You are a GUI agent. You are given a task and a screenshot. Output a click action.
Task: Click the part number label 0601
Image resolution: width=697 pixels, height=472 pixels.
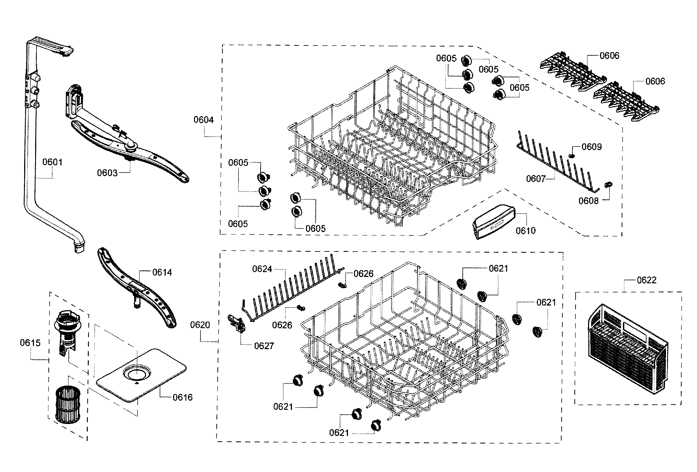coord(52,162)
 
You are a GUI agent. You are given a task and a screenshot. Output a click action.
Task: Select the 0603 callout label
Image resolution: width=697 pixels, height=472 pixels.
coord(107,173)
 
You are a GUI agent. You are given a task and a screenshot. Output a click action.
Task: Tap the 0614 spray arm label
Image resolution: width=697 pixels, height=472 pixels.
coord(162,272)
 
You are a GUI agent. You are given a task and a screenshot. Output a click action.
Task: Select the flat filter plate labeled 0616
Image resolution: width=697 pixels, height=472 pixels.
coord(141,375)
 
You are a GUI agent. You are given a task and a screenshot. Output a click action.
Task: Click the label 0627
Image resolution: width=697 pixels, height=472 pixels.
coord(264,346)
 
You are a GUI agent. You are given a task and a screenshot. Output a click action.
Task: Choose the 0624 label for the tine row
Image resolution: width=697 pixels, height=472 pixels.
coord(262,269)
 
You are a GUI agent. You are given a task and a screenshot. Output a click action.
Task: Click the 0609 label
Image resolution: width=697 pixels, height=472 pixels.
coord(591,147)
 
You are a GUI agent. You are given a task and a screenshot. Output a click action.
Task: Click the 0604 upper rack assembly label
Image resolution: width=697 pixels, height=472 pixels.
coord(203,120)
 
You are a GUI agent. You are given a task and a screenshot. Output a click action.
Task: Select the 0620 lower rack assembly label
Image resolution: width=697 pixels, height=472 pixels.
coord(200,325)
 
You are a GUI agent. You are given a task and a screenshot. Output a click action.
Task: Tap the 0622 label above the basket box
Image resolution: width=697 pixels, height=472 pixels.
coord(646,280)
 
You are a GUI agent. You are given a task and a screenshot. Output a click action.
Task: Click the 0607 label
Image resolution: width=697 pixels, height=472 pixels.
coord(536,179)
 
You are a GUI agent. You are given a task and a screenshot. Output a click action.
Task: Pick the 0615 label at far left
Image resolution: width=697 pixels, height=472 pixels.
coord(30,343)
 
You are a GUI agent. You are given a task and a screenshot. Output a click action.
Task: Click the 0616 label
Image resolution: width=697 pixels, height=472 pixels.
coord(182,398)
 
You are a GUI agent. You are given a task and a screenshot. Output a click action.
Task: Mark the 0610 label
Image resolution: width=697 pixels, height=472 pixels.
coord(525,231)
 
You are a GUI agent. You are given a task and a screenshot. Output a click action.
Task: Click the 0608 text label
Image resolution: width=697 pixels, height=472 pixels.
coord(588,201)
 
